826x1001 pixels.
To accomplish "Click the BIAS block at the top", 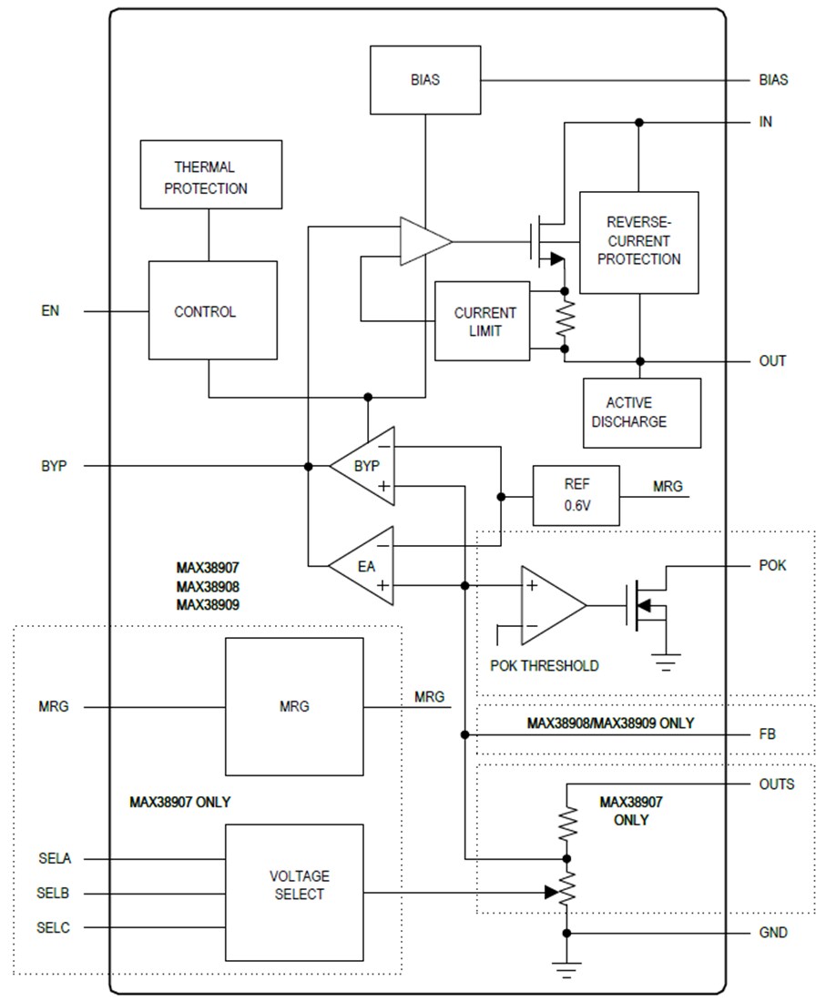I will point(425,80).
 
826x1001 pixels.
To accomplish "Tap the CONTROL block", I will point(212,311).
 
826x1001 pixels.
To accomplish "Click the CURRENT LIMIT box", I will point(484,321).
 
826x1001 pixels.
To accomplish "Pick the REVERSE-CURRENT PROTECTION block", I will point(638,242).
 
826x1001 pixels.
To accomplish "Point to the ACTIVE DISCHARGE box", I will point(640,412).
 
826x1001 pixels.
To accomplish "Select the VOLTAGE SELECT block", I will point(294,892).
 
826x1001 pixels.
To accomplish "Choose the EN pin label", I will point(50,311).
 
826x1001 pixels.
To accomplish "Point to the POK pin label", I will point(772,565).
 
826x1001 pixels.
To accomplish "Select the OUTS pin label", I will point(776,784).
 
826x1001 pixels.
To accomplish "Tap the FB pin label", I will point(767,733).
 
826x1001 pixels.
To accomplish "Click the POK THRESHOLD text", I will point(545,665).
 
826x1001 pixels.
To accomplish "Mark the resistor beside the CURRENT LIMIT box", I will point(566,320).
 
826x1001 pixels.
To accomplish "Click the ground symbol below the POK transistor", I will point(667,662).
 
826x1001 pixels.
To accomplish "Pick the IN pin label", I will point(765,122).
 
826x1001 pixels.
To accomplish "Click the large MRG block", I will point(294,706).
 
